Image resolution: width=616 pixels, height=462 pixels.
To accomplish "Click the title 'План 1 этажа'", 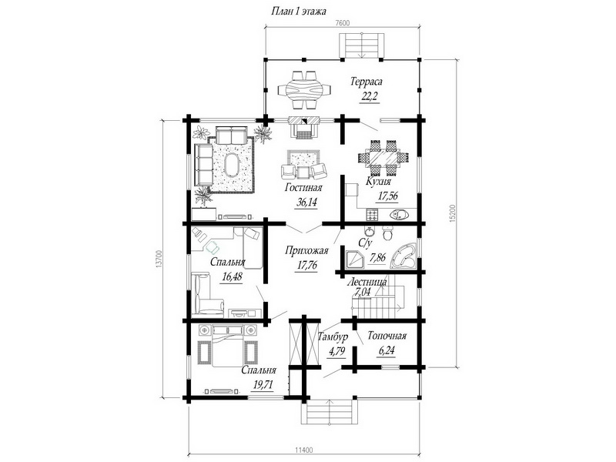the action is click(299, 11).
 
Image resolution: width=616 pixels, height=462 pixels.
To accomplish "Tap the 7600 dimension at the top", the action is click(343, 22).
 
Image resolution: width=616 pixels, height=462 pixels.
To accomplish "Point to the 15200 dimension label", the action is click(452, 213).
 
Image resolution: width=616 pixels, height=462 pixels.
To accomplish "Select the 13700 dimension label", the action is click(159, 259).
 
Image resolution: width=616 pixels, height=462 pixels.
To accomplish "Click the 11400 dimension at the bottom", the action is click(303, 450).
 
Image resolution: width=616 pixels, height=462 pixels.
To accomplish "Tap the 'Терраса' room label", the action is click(367, 82).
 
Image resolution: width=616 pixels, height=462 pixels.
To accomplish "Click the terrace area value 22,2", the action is click(369, 96).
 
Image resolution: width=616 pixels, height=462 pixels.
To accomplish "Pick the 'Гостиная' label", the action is click(303, 188).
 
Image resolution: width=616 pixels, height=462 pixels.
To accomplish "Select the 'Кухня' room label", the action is click(378, 181).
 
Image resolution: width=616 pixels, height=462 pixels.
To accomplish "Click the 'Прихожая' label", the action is click(306, 250).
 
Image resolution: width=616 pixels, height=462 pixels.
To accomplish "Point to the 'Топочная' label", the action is click(387, 336).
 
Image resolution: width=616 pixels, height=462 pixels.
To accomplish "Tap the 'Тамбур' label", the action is click(333, 336).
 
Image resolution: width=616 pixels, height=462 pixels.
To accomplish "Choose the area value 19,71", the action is click(263, 384).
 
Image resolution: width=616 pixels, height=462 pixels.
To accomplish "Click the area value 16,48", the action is click(232, 276).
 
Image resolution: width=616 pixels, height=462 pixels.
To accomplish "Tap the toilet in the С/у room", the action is click(388, 233).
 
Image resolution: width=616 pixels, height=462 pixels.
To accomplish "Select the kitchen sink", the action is click(400, 215).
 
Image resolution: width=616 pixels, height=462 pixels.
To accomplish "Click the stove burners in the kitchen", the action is click(373, 215).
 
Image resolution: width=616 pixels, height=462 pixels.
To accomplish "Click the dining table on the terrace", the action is click(304, 90).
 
